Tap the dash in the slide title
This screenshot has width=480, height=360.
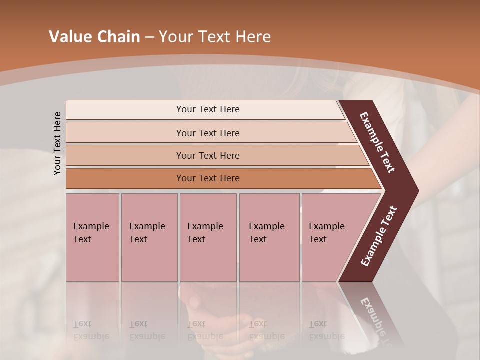click(149, 37)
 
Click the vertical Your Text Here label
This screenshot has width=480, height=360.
click(57, 144)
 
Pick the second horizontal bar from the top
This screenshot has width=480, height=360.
click(208, 133)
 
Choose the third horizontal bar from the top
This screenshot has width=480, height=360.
click(208, 155)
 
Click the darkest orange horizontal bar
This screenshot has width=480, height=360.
click(208, 178)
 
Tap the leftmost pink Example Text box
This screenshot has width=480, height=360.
click(92, 237)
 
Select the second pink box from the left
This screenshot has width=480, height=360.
click(149, 237)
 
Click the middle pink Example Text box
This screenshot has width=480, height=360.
click(208, 237)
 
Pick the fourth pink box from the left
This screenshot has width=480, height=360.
click(269, 237)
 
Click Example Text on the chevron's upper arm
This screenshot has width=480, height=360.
click(377, 142)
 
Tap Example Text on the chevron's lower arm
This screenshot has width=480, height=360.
click(379, 236)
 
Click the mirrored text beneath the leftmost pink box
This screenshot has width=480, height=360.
click(91, 330)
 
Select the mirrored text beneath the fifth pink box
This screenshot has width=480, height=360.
click(326, 330)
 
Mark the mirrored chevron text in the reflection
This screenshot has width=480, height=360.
click(376, 320)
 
